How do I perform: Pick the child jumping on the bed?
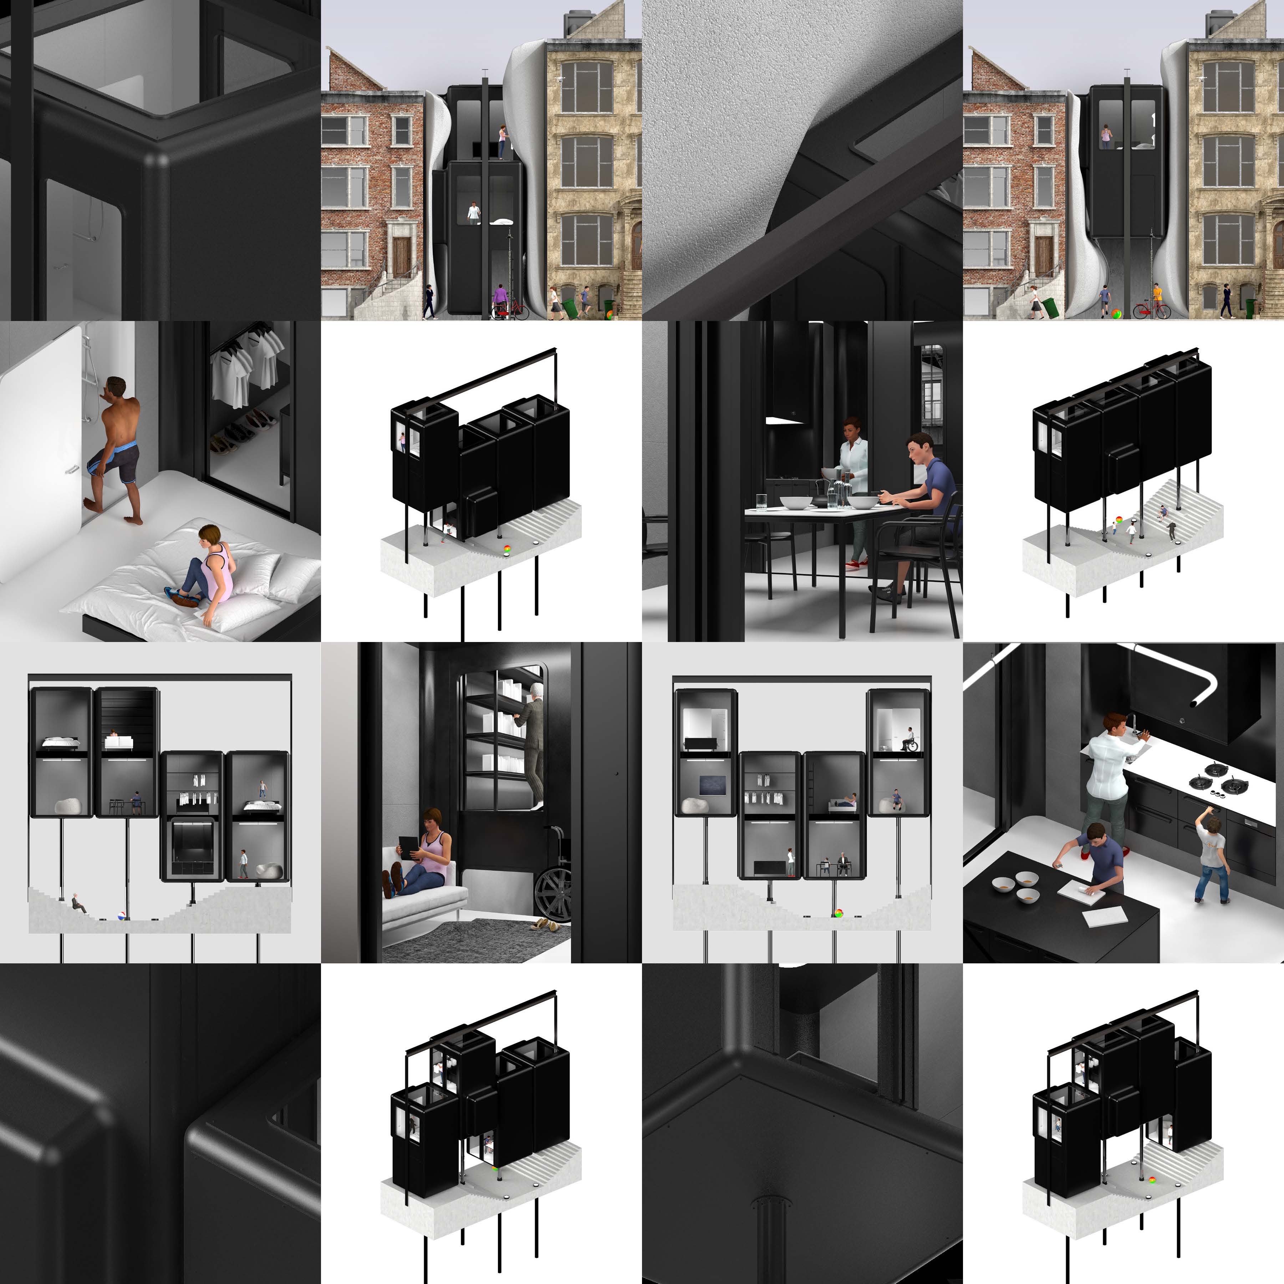pos(263,789)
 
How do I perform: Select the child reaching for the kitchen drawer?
pos(1211,857)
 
